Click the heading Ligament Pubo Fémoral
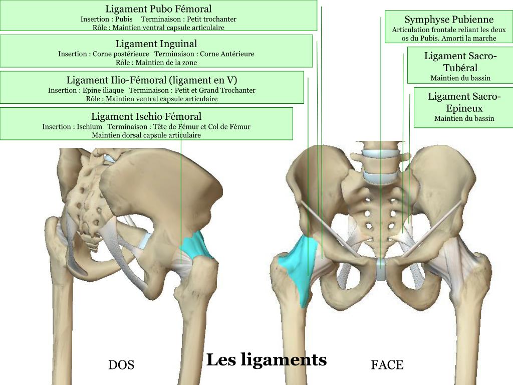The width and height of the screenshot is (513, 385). pos(158,9)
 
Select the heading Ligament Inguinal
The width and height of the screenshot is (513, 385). pos(156,44)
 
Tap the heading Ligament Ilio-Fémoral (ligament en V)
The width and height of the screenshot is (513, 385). pos(152,80)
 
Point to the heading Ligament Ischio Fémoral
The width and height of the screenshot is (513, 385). pos(146,116)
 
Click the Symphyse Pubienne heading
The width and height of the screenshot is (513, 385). pos(449,20)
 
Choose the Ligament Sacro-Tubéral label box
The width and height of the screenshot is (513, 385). pos(460,65)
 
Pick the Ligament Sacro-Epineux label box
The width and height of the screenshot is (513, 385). pos(464,107)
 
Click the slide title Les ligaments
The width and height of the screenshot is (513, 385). pos(267,359)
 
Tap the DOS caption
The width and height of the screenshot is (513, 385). pos(121,365)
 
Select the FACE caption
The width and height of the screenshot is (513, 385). pos(387,365)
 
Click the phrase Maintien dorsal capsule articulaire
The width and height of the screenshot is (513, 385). pos(146,135)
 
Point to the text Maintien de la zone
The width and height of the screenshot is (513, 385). pos(156,63)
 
